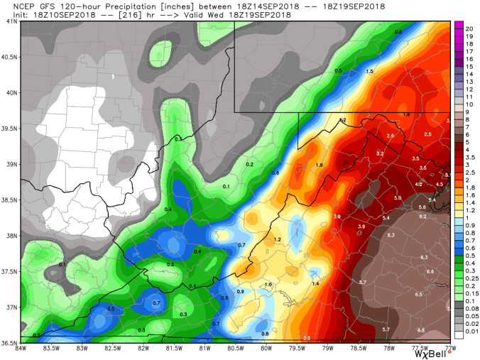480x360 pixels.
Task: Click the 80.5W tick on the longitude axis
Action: click(235, 347)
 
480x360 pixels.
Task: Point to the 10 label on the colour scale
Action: click(469, 104)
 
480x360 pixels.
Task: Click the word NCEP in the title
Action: click(14, 5)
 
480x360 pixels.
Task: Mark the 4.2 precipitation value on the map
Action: click(419, 184)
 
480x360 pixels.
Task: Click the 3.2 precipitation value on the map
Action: click(379, 153)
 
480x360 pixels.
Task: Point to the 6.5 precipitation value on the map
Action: click(419, 294)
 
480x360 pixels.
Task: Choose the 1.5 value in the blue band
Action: click(369, 72)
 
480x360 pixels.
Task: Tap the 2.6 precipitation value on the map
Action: click(390, 135)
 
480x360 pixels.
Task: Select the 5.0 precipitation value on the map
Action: click(398, 197)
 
